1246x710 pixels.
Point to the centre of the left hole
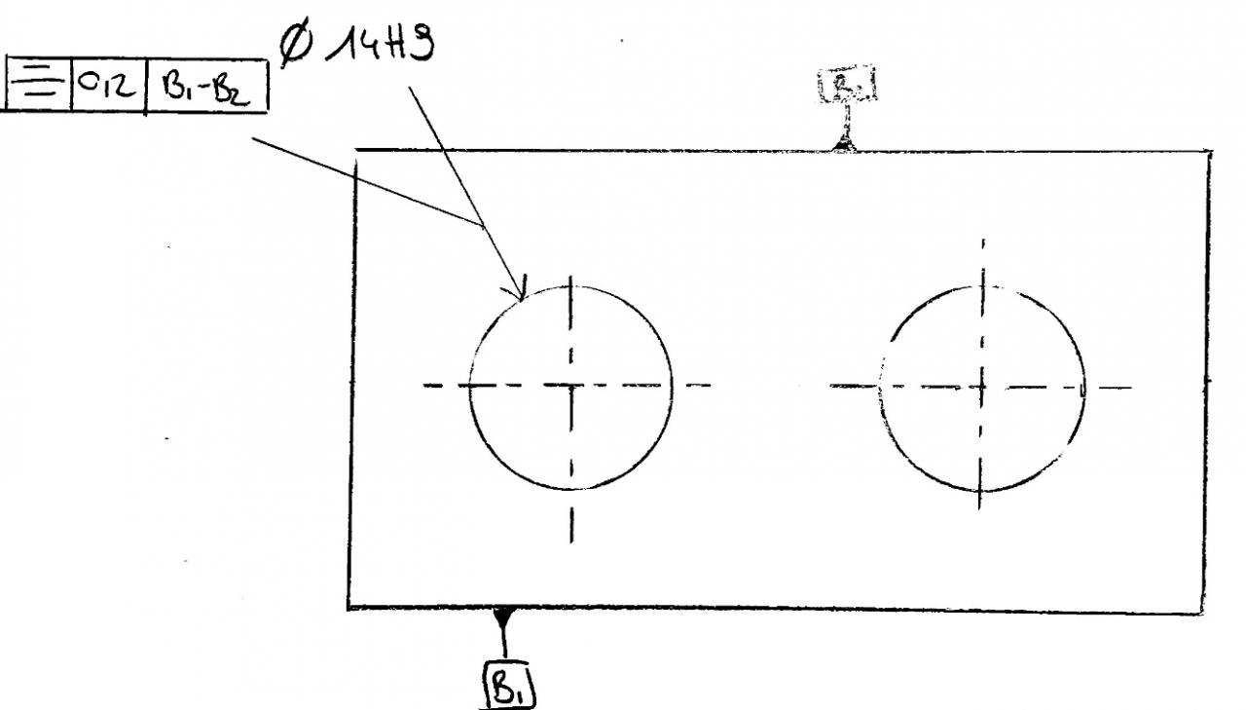571,386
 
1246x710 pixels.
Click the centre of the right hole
983,387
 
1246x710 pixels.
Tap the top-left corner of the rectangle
355,151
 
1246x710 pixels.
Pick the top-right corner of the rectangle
1210,152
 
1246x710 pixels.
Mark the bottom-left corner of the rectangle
349,606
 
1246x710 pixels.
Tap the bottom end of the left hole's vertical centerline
572,542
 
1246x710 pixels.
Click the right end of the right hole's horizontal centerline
1131,388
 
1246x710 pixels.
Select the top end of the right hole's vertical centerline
983,239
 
